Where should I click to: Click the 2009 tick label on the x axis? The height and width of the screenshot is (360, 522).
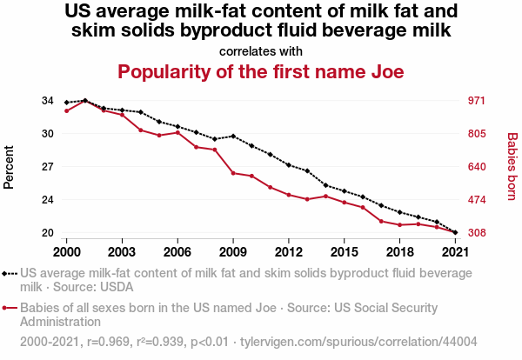click(x=233, y=251)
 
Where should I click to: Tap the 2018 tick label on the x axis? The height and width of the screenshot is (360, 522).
click(x=399, y=251)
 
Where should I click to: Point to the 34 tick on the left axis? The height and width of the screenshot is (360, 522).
click(x=48, y=101)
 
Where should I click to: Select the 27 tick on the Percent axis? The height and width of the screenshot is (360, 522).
click(x=48, y=167)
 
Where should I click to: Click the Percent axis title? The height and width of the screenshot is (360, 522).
click(x=10, y=166)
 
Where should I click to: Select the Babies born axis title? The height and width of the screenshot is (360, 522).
click(x=512, y=166)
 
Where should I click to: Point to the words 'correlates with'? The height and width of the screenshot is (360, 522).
click(x=261, y=50)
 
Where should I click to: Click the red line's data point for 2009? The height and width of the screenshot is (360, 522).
click(x=233, y=173)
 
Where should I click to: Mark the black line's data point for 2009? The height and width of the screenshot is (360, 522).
click(x=233, y=137)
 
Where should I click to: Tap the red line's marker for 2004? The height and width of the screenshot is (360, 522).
click(x=141, y=130)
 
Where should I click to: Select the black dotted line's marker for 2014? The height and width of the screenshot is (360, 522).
click(x=325, y=185)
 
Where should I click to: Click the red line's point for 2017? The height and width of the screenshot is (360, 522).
click(x=381, y=221)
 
